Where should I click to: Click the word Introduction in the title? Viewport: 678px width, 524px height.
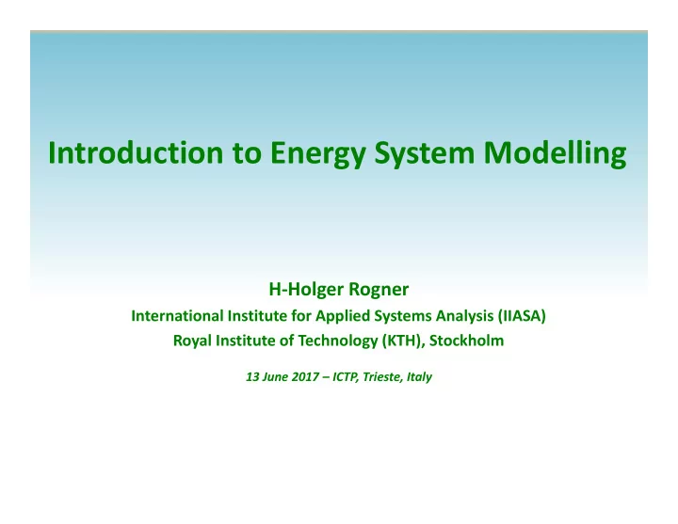tap(136, 152)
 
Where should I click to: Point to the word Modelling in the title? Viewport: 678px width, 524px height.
tap(555, 154)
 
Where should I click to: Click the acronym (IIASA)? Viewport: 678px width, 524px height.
tap(522, 316)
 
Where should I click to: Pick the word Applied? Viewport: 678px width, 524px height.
tap(343, 317)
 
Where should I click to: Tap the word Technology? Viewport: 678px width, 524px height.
tap(338, 341)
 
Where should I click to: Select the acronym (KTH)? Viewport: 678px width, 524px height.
tap(403, 341)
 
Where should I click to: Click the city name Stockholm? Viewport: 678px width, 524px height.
tap(466, 341)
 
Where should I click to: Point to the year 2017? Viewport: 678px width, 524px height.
tap(305, 376)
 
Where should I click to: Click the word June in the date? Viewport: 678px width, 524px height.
tap(275, 376)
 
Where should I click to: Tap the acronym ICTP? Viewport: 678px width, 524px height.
tap(346, 377)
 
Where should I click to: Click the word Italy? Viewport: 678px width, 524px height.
tap(419, 377)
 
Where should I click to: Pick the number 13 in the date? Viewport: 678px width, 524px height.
tap(252, 376)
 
